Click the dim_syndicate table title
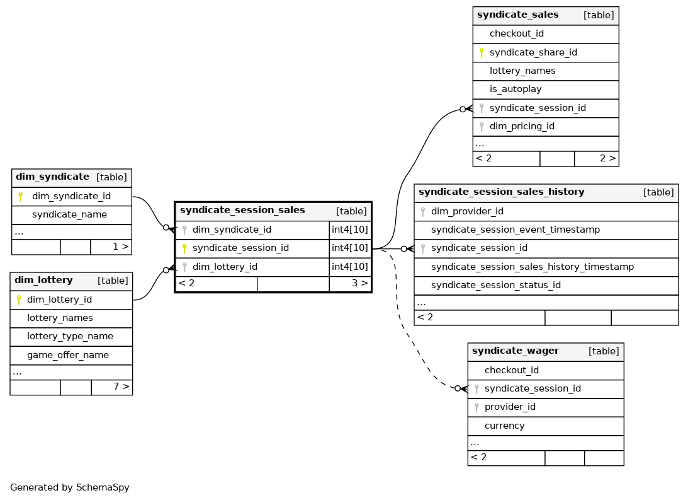point(53,177)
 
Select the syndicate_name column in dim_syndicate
point(69,215)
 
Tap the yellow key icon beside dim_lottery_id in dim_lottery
point(19,300)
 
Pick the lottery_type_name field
point(70,337)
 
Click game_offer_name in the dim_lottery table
point(68,355)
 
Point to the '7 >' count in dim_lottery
point(121,387)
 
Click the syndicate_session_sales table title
point(242,211)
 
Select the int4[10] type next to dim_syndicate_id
point(350,230)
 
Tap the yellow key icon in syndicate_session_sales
point(184,248)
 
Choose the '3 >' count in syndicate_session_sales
point(360,283)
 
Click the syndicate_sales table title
point(518,15)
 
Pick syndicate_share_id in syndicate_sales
point(533,53)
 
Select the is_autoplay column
point(516,89)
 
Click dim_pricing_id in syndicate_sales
point(522,127)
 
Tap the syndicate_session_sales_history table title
point(502,192)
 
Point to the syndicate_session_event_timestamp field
point(516,230)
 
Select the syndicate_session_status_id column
point(496,285)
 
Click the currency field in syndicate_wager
point(505,426)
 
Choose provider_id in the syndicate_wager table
point(510,407)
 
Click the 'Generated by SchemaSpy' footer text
point(70,487)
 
